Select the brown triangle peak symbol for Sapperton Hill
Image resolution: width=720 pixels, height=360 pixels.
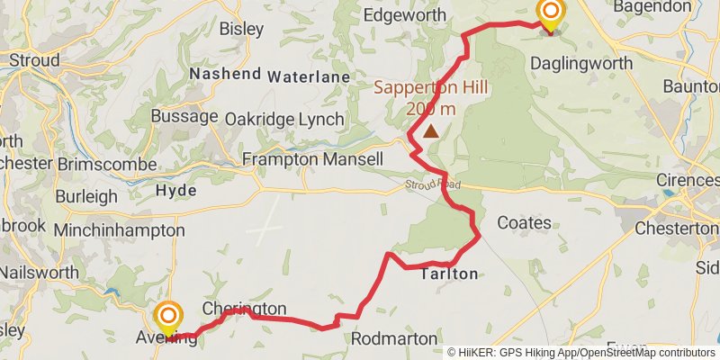point(431,131)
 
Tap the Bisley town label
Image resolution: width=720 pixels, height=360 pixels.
point(241,29)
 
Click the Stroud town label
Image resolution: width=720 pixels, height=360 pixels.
point(34,61)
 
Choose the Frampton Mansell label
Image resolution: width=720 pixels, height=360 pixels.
point(312,159)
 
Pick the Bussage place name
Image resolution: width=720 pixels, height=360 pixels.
point(184,116)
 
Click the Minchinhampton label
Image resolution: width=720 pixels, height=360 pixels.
point(119,230)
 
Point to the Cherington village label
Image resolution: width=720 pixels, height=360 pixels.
point(244,309)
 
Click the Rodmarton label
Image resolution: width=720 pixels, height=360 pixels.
point(393,338)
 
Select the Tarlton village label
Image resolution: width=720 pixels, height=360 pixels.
point(449,274)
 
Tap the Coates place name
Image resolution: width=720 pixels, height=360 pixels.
point(524,222)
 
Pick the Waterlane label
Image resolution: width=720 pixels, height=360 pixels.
point(308,77)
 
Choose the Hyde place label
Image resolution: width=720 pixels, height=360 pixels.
point(175,192)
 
